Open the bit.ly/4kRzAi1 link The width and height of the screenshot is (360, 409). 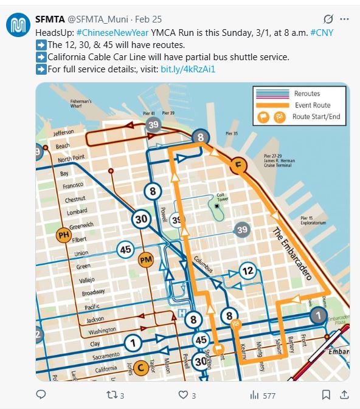click(x=188, y=69)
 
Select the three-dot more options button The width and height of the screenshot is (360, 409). click(x=345, y=18)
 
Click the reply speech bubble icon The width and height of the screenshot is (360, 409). click(x=41, y=395)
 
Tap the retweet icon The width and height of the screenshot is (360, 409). click(x=111, y=395)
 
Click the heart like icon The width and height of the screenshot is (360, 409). click(x=183, y=395)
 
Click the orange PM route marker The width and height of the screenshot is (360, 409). click(x=145, y=260)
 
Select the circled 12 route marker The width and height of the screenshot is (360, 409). click(x=247, y=270)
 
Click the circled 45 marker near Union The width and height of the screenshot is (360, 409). click(x=126, y=249)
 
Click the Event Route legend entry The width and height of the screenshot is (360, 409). click(x=312, y=105)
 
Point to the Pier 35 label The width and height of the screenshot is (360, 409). click(x=232, y=132)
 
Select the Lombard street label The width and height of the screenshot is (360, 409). click(x=77, y=212)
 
